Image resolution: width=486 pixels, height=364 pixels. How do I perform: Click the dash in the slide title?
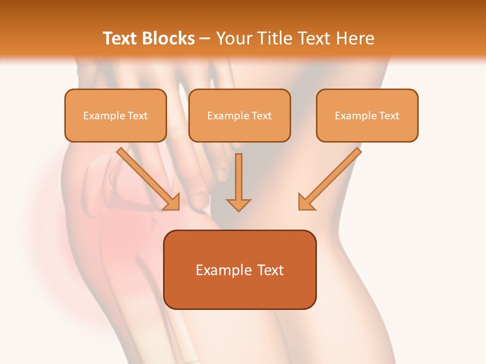click(206, 39)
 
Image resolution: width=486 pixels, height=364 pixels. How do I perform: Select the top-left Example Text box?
click(115, 115)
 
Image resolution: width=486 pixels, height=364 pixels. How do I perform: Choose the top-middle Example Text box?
click(239, 115)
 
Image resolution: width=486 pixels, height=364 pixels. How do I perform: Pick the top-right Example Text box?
click(367, 115)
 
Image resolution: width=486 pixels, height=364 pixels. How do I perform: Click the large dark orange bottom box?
click(240, 269)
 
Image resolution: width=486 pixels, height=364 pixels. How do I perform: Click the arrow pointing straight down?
click(238, 182)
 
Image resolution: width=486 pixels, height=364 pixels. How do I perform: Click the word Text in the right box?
click(389, 116)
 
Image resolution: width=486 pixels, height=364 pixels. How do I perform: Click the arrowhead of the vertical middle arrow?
click(238, 204)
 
